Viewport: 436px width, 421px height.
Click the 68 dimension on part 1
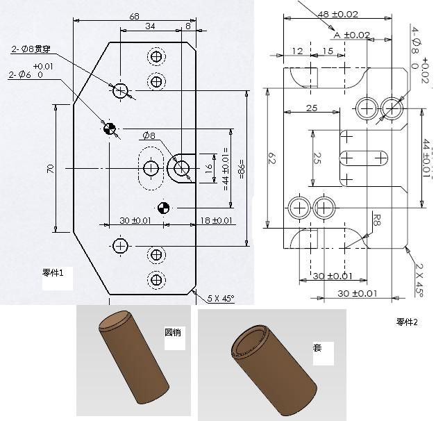135,15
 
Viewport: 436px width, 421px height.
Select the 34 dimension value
149,26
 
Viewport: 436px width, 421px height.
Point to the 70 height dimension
51,168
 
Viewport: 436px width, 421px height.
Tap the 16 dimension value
208,167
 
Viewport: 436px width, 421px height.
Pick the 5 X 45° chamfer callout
221,298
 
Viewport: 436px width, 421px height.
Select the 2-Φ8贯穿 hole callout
31,49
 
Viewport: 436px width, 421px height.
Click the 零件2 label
407,321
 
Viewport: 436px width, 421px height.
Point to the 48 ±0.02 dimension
337,14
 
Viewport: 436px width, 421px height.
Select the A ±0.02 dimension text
351,35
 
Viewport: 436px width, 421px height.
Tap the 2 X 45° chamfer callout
421,279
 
